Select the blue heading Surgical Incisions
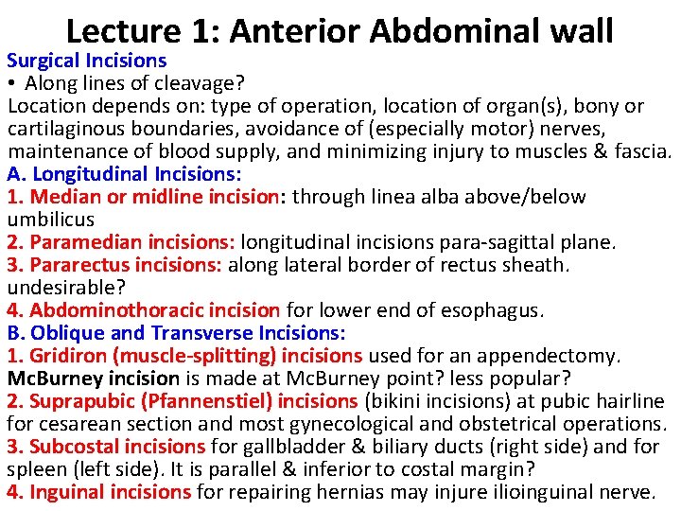pos(87,61)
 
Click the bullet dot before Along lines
pos(12,84)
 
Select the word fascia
pos(641,151)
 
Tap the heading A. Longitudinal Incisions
pos(124,174)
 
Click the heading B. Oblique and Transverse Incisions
pos(176,333)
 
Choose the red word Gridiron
pos(67,356)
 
